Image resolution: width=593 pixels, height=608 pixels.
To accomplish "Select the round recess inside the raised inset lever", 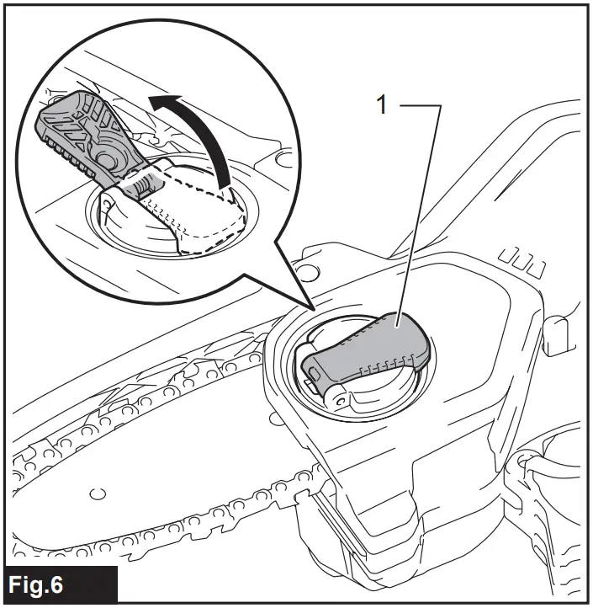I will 108,156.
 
